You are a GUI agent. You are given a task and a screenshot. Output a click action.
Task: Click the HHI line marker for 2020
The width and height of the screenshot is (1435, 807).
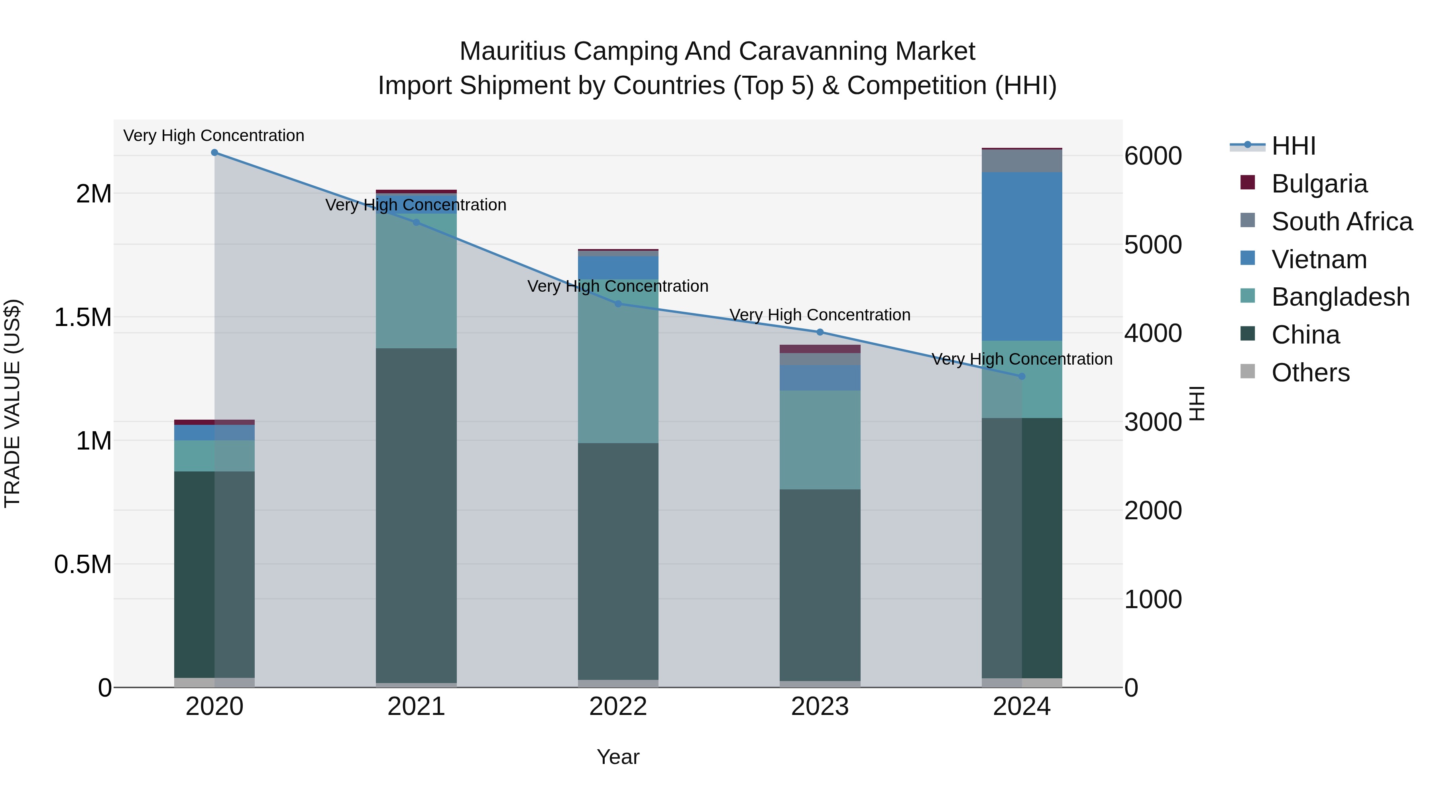(x=214, y=153)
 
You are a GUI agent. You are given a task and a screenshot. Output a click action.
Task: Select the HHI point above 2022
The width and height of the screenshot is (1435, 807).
(x=618, y=304)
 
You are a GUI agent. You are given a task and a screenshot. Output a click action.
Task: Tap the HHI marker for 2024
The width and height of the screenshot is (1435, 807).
(x=1022, y=377)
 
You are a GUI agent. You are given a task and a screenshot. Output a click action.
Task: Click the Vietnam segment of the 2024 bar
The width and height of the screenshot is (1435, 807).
(x=1022, y=256)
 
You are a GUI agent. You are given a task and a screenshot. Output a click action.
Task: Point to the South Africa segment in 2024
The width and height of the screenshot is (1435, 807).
(x=1022, y=161)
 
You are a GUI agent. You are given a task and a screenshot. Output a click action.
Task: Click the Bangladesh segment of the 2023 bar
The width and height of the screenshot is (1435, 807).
(x=820, y=440)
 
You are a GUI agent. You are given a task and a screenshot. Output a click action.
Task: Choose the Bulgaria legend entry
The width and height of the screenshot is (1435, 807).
(x=1319, y=184)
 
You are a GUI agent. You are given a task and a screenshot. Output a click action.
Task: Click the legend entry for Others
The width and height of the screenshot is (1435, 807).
(x=1310, y=373)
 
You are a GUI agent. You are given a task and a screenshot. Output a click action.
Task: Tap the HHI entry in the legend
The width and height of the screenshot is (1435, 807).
(x=1293, y=146)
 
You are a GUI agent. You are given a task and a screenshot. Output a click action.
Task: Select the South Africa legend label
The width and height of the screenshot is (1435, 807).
(x=1341, y=222)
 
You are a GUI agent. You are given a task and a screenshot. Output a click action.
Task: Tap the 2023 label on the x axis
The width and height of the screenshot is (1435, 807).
(x=820, y=707)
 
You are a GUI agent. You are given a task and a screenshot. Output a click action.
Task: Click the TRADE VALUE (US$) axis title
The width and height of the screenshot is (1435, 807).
(x=12, y=403)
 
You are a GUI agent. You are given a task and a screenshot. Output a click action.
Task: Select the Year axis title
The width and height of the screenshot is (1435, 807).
(x=618, y=757)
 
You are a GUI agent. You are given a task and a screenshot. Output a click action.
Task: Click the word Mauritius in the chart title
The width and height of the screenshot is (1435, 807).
(x=513, y=51)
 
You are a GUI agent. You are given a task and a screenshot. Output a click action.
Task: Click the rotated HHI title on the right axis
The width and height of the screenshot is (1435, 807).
(x=1197, y=403)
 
